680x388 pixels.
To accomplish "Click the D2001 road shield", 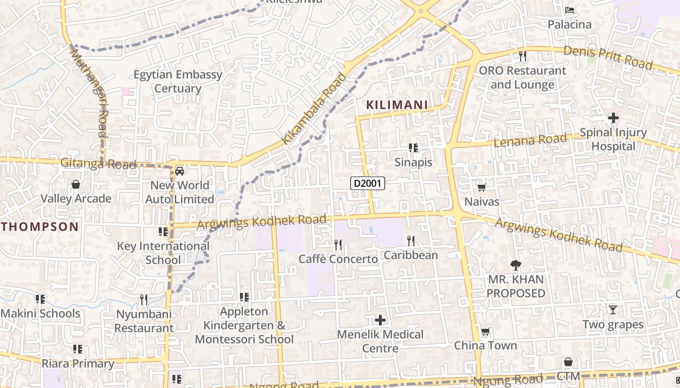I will [368, 183].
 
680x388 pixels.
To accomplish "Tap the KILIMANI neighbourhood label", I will [397, 105].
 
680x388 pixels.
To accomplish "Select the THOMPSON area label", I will [40, 226].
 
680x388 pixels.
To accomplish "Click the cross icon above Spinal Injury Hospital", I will [613, 117].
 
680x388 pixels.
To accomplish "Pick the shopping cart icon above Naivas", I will [481, 187].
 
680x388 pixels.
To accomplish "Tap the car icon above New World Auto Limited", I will [180, 171].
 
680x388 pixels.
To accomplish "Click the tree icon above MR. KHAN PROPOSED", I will [515, 265].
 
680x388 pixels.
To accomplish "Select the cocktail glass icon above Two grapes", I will [612, 309].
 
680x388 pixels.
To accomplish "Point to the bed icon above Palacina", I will [570, 10].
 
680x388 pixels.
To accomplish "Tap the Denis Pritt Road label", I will [608, 57].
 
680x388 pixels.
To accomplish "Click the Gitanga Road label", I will [98, 164].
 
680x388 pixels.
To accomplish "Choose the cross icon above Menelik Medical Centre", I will [380, 320].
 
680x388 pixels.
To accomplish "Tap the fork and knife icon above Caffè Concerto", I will [338, 245].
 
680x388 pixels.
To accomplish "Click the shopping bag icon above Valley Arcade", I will [76, 184].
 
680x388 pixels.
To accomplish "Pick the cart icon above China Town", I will [485, 332].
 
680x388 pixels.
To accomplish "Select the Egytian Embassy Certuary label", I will [178, 81].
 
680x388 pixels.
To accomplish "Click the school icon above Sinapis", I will [413, 147].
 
